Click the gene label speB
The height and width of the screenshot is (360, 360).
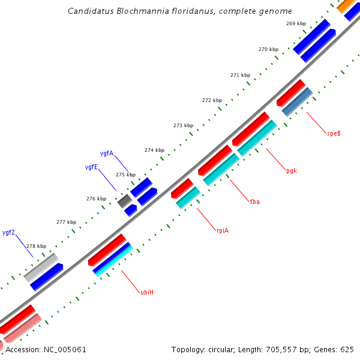[x=334, y=133]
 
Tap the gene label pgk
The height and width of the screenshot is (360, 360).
[x=292, y=170]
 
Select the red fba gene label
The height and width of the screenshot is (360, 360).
[x=255, y=202]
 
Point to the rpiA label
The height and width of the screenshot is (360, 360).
[x=223, y=230]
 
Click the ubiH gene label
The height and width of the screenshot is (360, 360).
[x=146, y=292]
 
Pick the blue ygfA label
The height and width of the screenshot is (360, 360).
[x=107, y=153]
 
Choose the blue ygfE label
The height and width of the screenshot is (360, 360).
[x=91, y=167]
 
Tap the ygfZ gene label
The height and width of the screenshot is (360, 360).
[x=8, y=232]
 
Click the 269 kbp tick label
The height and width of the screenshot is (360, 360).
[x=296, y=23]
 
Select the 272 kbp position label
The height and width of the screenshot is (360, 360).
[x=212, y=100]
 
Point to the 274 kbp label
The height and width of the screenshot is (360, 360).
[x=154, y=150]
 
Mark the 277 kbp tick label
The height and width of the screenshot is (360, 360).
[x=67, y=222]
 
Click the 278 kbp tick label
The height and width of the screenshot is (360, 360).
[x=36, y=246]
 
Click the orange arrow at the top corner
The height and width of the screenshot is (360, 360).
[x=346, y=6]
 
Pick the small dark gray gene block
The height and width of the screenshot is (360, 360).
[x=125, y=201]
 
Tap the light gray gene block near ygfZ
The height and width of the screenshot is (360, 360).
[x=41, y=267]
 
